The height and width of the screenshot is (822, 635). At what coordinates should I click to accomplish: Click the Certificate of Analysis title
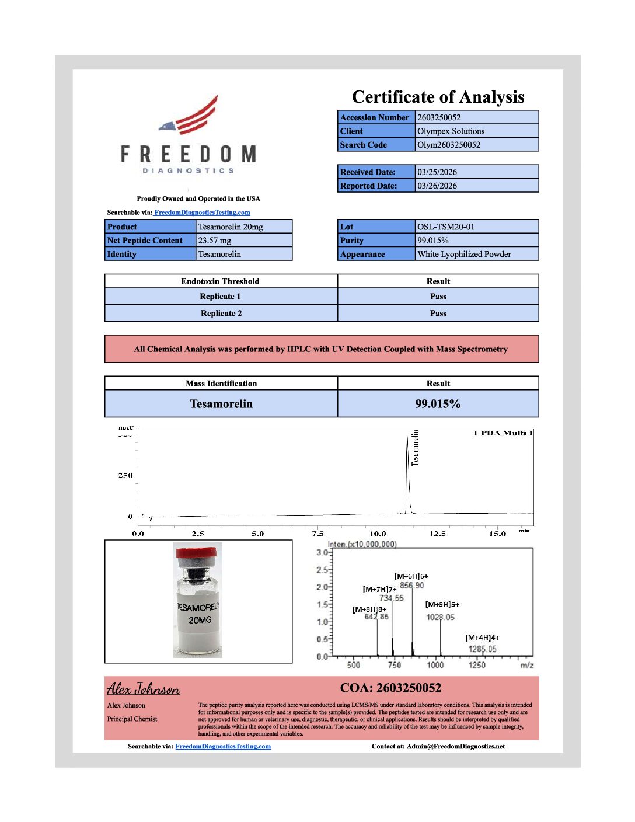(x=438, y=97)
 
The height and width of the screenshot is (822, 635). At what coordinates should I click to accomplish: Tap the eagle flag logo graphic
(x=190, y=116)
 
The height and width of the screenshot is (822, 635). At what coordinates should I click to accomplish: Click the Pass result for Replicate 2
(x=438, y=314)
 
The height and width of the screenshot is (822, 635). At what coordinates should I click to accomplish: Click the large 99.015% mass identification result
(x=438, y=404)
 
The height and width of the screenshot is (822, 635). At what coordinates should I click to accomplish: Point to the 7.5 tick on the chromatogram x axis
(x=317, y=534)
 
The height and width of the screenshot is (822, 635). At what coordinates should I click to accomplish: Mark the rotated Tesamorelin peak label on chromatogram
(x=416, y=448)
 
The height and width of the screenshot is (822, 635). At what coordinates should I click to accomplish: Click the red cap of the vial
(x=198, y=551)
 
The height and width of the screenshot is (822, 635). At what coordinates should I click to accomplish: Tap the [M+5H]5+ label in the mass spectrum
(x=442, y=605)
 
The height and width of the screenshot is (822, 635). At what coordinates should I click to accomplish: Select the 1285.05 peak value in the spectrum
(x=482, y=649)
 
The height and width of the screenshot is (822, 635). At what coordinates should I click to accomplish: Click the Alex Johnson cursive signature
(x=144, y=689)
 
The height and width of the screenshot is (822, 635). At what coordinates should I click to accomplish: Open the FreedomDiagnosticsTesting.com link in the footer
(x=223, y=746)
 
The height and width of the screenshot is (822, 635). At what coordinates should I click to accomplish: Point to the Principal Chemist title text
(x=132, y=719)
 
